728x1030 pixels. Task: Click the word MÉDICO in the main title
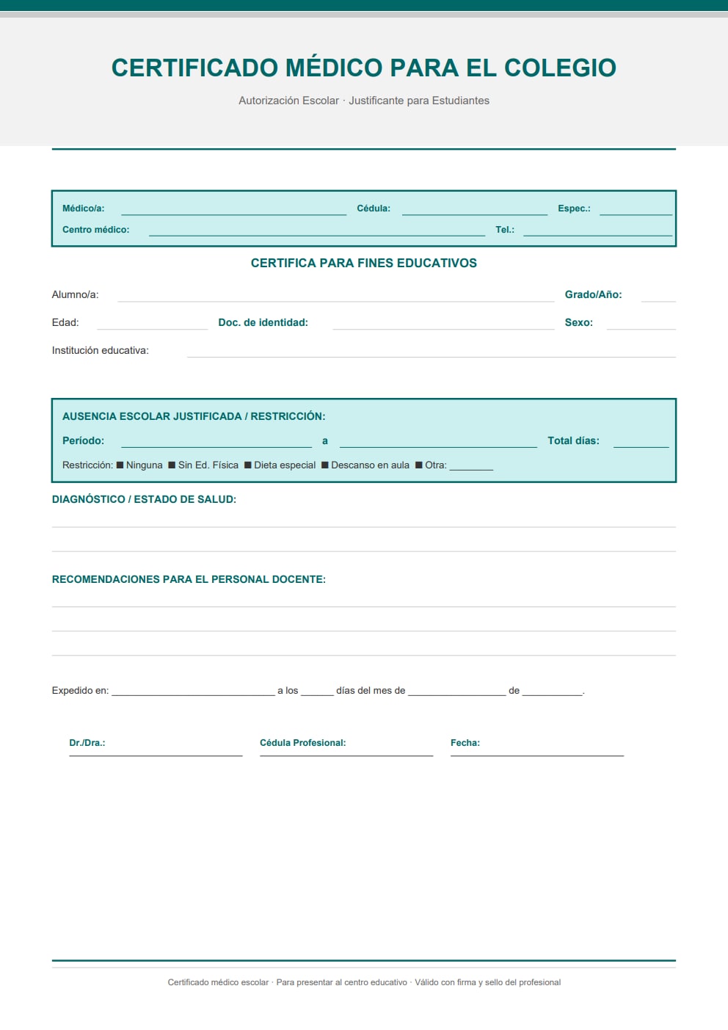click(334, 68)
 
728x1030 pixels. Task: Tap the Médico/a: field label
click(83, 208)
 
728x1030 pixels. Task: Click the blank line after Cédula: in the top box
click(474, 210)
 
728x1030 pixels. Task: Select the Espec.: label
click(574, 208)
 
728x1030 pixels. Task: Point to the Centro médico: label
click(95, 230)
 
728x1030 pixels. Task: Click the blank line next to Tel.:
click(597, 231)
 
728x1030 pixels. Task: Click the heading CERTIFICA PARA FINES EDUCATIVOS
click(363, 263)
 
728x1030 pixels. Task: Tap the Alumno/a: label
click(75, 294)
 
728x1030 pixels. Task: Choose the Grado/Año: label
click(593, 294)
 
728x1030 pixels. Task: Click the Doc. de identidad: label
click(263, 322)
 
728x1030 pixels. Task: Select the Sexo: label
click(578, 322)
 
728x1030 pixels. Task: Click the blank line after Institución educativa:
click(431, 352)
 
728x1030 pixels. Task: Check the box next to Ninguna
click(120, 465)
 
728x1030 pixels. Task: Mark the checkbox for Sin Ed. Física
click(172, 465)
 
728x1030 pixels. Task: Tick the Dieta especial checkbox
click(248, 465)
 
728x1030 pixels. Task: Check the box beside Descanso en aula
click(325, 465)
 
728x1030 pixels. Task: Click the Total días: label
click(573, 440)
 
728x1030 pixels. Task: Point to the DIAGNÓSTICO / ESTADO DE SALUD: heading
click(144, 499)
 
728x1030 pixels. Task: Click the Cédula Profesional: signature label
click(302, 743)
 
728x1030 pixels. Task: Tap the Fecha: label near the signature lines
click(465, 743)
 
